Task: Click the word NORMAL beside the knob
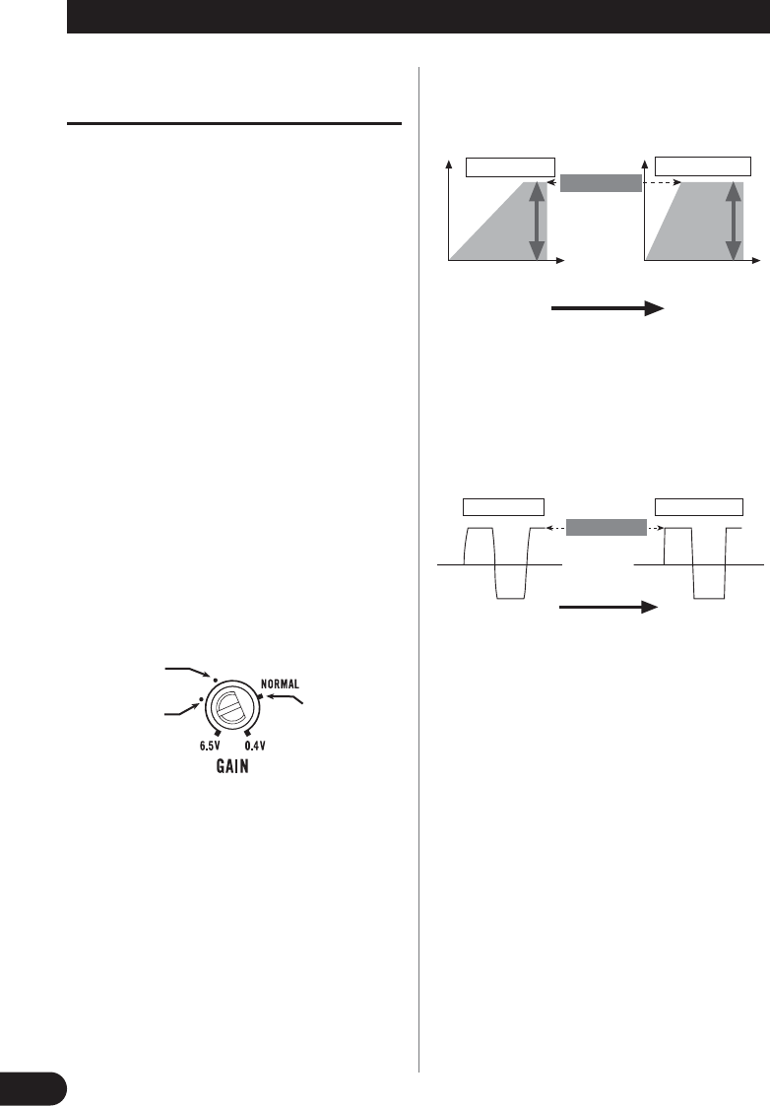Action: click(287, 682)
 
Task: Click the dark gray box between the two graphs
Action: click(600, 184)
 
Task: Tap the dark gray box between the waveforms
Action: click(607, 527)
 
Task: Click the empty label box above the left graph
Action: click(511, 165)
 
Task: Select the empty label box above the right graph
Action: click(704, 164)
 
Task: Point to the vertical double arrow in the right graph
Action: click(732, 220)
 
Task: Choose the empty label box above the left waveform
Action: click(503, 508)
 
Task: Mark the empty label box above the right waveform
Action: click(699, 508)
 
